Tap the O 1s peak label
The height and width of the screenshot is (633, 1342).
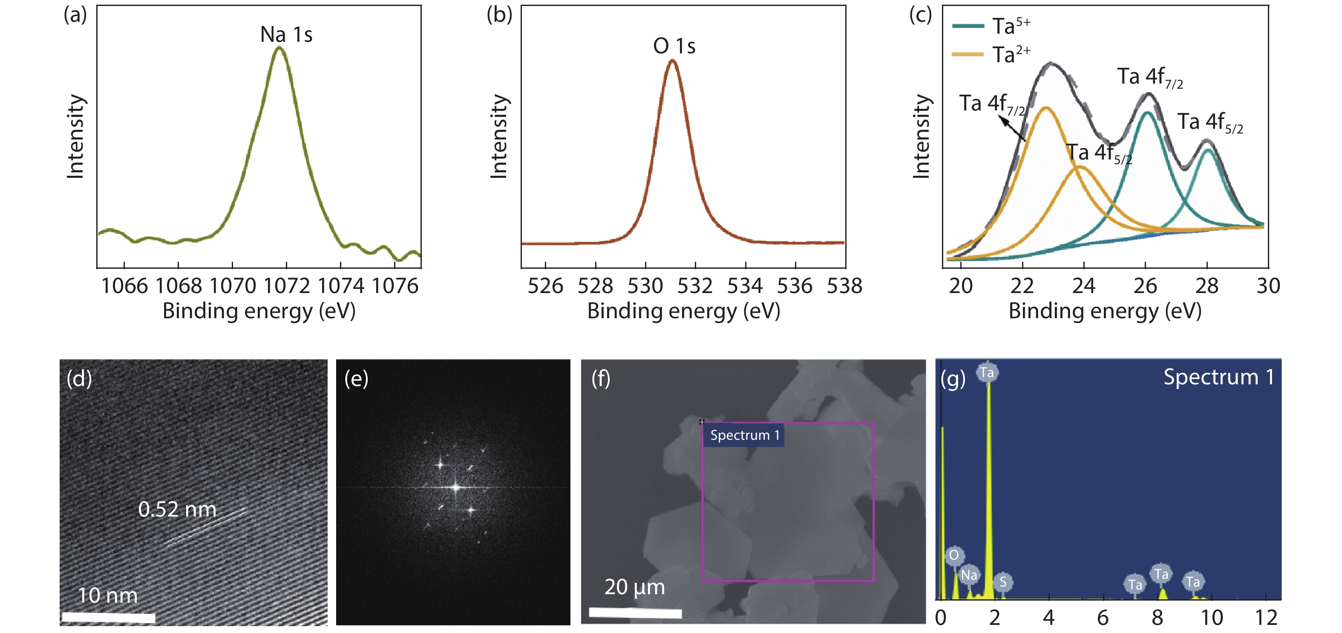click(674, 46)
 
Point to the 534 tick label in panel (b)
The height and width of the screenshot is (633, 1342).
click(745, 286)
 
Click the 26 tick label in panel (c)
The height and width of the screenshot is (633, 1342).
click(1145, 286)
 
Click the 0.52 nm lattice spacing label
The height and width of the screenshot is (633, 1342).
click(177, 509)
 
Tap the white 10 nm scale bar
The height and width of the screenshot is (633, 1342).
click(108, 618)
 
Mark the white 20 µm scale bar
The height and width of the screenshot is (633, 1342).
click(635, 613)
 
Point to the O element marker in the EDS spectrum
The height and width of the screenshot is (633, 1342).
click(954, 555)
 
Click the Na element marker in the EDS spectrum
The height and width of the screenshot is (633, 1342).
click(969, 575)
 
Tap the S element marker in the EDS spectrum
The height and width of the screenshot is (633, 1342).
click(1003, 582)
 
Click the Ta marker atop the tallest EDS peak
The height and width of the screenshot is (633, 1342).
click(987, 372)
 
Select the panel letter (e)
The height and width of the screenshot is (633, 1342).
click(356, 378)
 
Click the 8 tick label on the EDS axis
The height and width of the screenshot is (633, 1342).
click(1157, 618)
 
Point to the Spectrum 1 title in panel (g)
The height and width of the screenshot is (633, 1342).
click(1218, 377)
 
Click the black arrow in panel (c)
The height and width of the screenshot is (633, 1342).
click(1011, 128)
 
